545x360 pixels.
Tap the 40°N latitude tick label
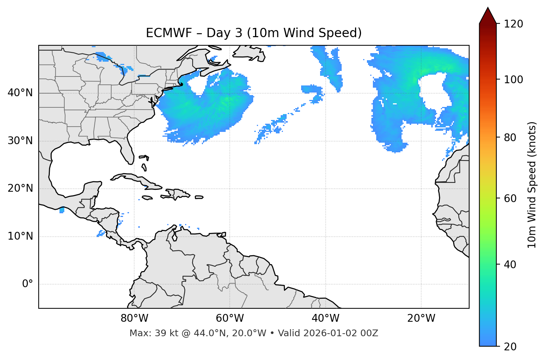tap(20, 93)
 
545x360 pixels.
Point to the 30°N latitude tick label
tap(20, 141)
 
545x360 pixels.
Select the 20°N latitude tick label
tap(20, 188)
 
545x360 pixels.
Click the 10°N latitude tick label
tap(20, 236)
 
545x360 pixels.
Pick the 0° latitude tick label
tap(28, 284)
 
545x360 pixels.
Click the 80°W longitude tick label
tap(134, 318)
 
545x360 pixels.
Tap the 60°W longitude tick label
tap(230, 318)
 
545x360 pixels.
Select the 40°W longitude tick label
tap(325, 318)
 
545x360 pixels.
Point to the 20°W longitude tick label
tap(421, 318)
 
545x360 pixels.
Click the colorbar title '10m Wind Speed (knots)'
tap(532, 185)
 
